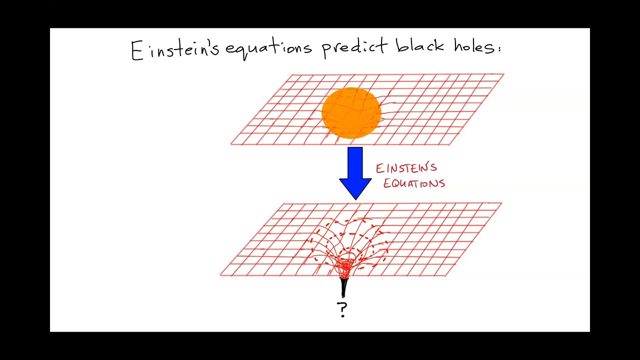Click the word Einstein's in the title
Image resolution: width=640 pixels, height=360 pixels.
coord(175,49)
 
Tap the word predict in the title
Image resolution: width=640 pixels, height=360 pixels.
coord(354,48)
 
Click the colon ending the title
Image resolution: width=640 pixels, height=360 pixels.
coord(498,48)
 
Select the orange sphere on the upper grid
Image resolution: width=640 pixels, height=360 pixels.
coord(351,113)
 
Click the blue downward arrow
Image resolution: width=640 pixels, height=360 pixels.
coord(355,173)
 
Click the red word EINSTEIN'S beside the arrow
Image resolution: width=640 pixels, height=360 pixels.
coord(406,168)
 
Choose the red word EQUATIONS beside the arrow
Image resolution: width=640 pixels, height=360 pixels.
coord(414,183)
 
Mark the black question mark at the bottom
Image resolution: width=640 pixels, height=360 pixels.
coord(342,309)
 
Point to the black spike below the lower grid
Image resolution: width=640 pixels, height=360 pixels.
coord(343,287)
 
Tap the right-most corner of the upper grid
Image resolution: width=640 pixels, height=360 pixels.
coord(503,74)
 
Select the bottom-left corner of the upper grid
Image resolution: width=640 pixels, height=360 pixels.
coord(231,144)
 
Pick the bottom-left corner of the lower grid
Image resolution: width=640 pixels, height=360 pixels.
coord(220,275)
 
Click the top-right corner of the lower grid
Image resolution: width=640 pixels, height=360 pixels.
coord(501,203)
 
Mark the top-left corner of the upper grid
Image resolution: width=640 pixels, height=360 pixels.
coord(292,75)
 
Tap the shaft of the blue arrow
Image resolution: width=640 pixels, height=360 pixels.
coord(355,162)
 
